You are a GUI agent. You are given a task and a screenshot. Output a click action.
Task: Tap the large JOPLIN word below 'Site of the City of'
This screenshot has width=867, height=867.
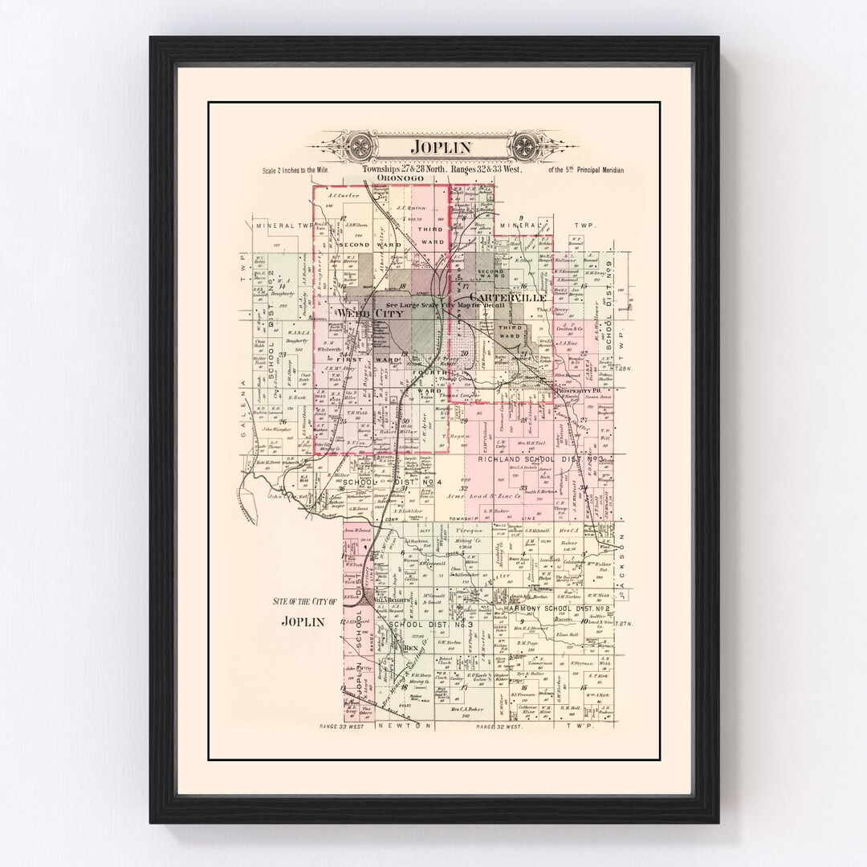(x=303, y=621)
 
